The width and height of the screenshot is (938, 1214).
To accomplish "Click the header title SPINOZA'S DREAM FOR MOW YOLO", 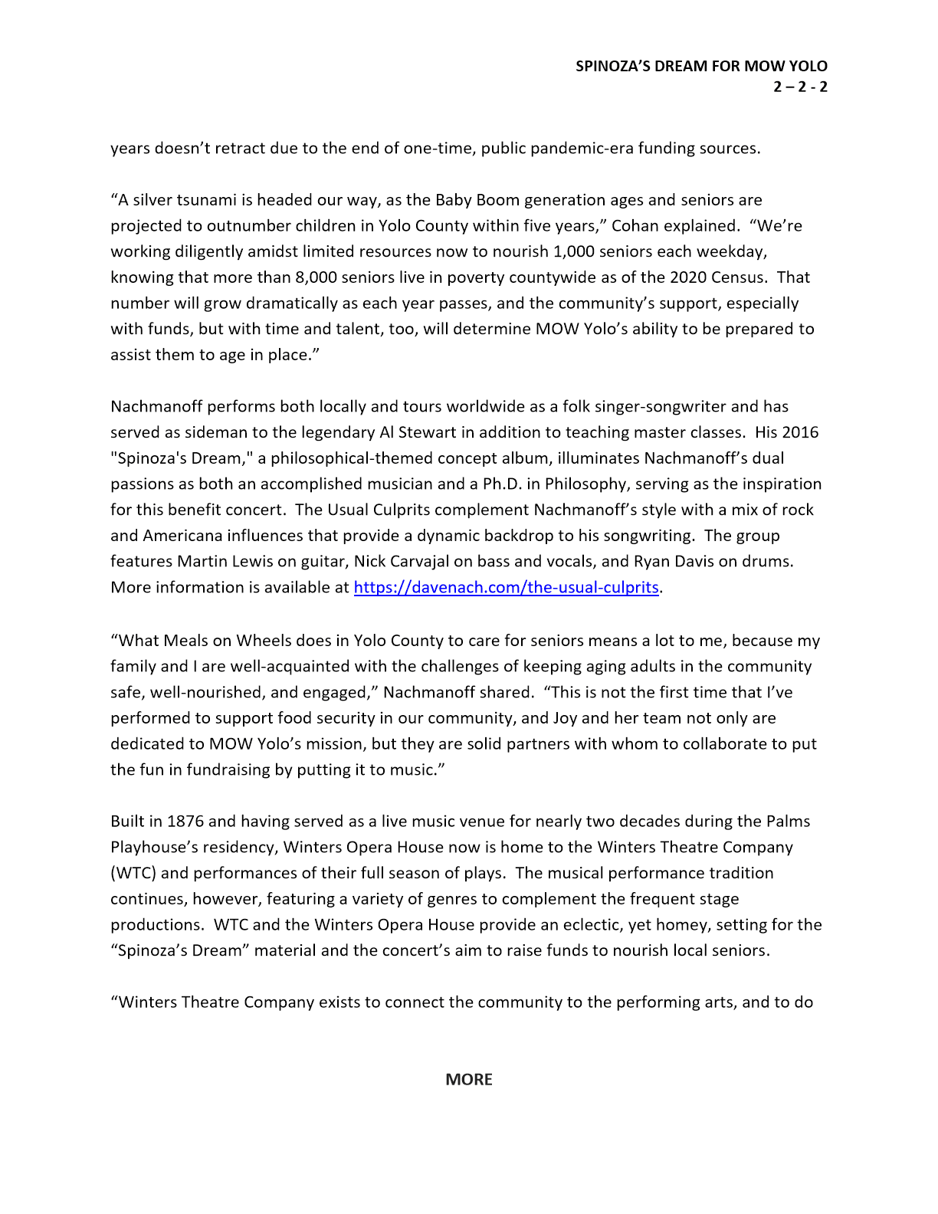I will click(x=701, y=67).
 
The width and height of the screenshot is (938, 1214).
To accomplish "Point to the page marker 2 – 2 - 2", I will click(x=800, y=86).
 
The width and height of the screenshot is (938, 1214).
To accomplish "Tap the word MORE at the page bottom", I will click(x=469, y=1079).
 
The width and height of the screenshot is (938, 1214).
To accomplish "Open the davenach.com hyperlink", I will click(x=506, y=588).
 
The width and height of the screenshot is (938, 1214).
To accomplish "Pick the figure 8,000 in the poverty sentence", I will click(x=316, y=277).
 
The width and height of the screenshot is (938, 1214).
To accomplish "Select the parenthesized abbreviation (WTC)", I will click(x=133, y=874).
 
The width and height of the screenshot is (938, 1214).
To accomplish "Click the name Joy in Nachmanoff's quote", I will click(x=565, y=718).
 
